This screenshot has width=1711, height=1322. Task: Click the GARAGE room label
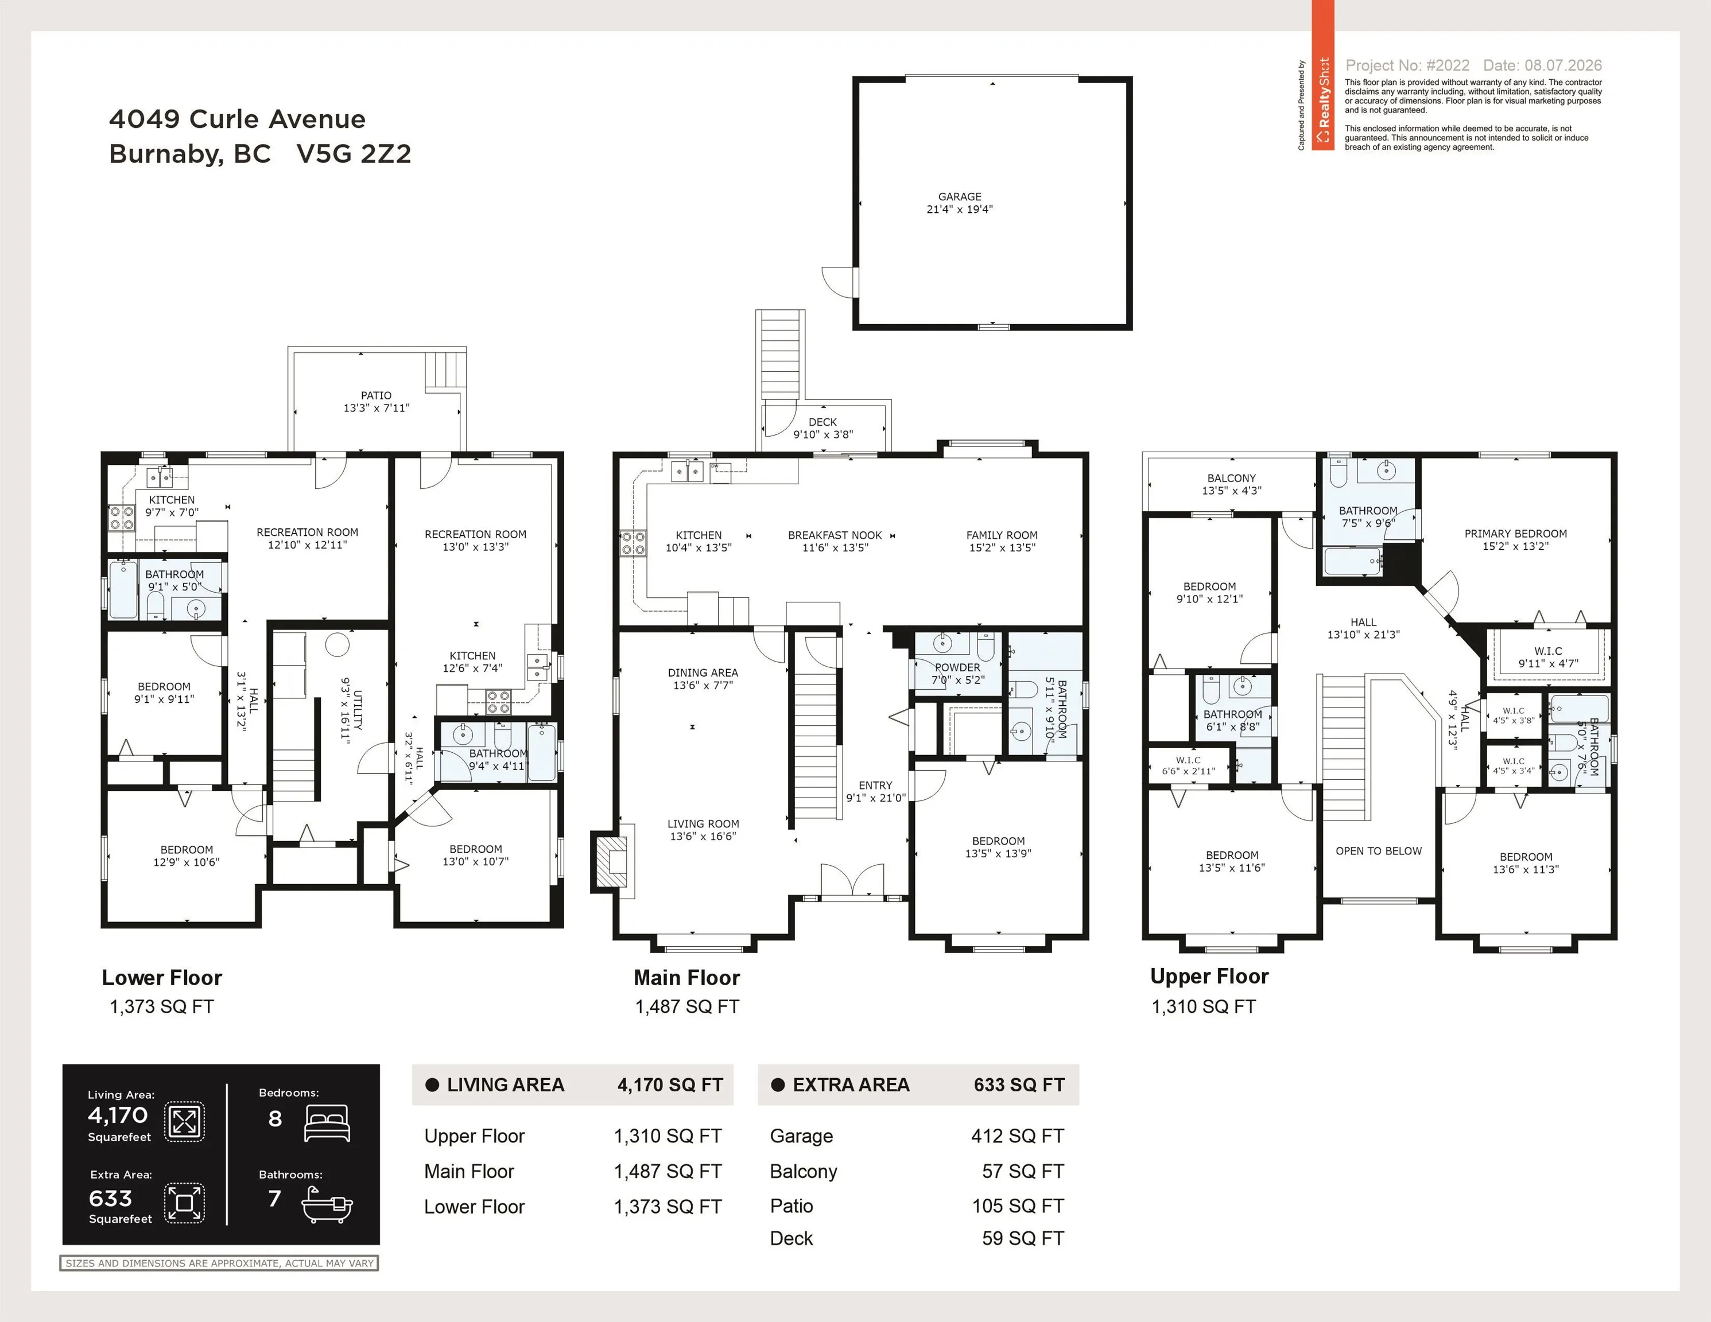(960, 197)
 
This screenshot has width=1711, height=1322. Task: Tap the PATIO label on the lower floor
(376, 395)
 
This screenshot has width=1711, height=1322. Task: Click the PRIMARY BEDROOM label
(1516, 534)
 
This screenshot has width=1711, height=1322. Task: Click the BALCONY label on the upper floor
(1232, 478)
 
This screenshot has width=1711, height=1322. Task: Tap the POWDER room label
(957, 667)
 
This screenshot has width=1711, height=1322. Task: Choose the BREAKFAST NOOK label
(835, 535)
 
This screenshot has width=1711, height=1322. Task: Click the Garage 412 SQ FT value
(1018, 1136)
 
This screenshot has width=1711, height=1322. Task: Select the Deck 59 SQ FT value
(1023, 1238)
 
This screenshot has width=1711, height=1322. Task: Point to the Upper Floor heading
(1209, 976)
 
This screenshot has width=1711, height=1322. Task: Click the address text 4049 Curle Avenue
(238, 119)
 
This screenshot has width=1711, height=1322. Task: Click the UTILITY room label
(357, 710)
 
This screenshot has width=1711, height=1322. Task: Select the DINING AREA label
(703, 672)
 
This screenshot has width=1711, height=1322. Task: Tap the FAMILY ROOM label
(1002, 535)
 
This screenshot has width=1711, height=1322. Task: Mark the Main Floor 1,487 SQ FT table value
(668, 1172)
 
